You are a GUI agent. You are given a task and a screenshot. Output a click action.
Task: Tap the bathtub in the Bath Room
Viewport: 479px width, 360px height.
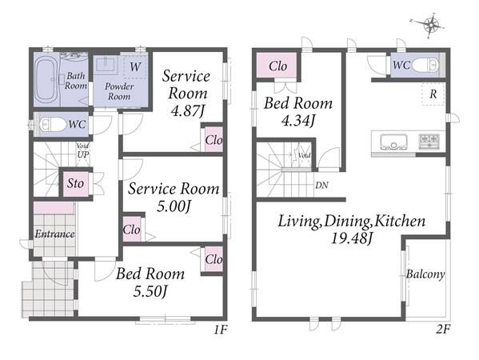click(x=45, y=79)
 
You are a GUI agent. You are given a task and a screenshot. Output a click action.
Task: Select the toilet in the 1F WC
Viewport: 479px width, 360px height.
click(x=53, y=125)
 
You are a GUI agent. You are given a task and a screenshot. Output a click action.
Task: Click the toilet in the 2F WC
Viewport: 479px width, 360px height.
click(x=425, y=65)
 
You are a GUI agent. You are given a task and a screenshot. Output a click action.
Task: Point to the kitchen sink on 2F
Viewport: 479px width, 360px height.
click(x=393, y=142)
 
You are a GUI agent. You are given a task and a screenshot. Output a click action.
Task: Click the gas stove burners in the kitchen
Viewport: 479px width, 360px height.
click(x=429, y=141)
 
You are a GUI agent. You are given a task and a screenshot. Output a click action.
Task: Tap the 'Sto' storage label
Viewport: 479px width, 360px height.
click(x=75, y=183)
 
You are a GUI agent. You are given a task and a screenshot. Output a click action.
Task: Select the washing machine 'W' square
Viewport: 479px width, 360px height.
click(x=135, y=66)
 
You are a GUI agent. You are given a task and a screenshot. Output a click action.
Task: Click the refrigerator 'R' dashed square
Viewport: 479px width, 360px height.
click(x=433, y=94)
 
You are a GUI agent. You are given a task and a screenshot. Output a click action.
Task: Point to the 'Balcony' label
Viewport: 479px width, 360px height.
click(x=425, y=274)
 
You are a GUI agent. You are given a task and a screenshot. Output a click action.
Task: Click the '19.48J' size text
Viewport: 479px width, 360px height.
click(x=352, y=238)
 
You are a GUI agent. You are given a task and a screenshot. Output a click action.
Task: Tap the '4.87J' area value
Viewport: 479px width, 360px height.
click(x=187, y=111)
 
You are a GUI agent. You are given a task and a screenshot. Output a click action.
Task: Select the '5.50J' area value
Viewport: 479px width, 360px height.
click(x=150, y=291)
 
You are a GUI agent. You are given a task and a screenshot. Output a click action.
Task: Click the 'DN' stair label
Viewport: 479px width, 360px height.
click(x=321, y=185)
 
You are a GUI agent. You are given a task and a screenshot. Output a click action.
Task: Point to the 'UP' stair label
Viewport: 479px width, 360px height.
click(x=83, y=154)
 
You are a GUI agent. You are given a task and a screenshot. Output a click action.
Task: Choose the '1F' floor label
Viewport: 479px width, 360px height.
click(x=220, y=330)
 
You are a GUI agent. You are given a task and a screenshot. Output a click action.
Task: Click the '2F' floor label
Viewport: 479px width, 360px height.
click(x=443, y=330)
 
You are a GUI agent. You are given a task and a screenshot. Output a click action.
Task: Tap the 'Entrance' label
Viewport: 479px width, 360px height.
click(x=54, y=234)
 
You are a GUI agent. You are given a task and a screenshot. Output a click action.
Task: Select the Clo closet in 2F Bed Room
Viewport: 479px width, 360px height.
click(x=277, y=66)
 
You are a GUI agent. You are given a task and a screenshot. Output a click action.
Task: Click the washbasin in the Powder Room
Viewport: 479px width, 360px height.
click(x=106, y=64)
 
